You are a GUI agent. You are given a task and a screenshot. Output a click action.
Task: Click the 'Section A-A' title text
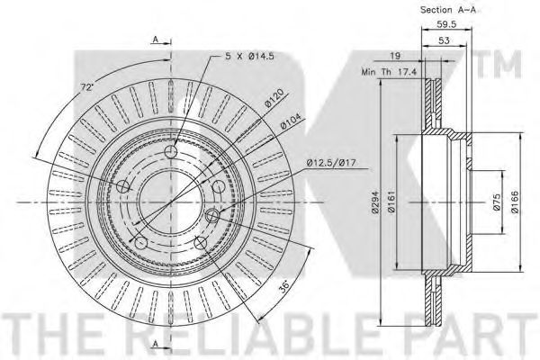pyautogui.click(x=447, y=10)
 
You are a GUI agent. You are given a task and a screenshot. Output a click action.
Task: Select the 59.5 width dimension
pyautogui.click(x=446, y=24)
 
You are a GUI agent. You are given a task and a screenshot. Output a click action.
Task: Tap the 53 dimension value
pyautogui.click(x=445, y=40)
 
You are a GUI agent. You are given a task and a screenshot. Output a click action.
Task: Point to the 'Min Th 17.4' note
pyautogui.click(x=389, y=72)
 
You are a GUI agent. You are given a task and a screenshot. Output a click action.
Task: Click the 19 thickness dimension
pyautogui.click(x=395, y=56)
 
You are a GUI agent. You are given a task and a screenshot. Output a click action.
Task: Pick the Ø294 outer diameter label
pyautogui.click(x=375, y=202)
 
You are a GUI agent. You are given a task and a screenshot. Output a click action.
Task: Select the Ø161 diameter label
pyautogui.click(x=391, y=202)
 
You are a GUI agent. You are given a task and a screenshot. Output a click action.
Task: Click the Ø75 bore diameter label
pyautogui.click(x=496, y=202)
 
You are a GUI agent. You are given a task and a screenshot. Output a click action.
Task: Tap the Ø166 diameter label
pyautogui.click(x=515, y=202)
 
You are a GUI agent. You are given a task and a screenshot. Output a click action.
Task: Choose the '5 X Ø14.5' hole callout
pyautogui.click(x=249, y=56)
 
